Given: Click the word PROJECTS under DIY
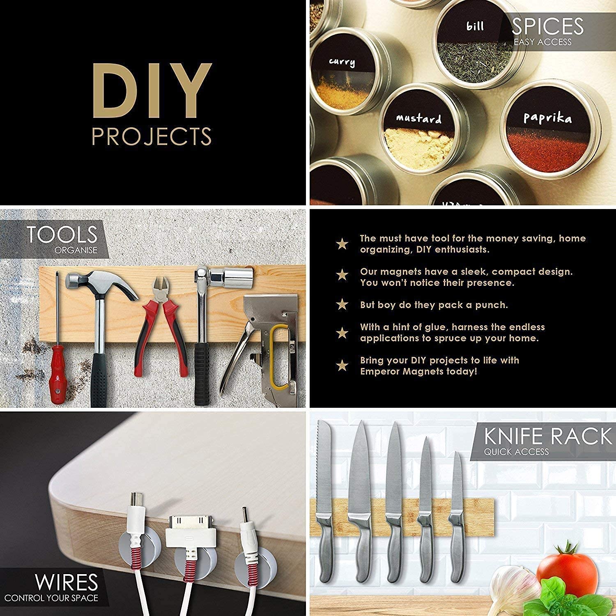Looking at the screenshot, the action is click(x=152, y=136).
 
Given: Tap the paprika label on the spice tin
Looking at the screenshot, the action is click(x=547, y=118).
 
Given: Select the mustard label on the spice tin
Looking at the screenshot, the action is click(x=418, y=119).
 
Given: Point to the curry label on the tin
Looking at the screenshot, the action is click(x=342, y=62).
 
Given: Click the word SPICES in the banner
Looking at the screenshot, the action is click(x=547, y=26).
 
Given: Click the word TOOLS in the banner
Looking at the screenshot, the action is click(x=62, y=234).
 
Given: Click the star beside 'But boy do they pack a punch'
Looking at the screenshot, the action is click(x=342, y=304).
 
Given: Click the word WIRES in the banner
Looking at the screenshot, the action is click(x=66, y=582).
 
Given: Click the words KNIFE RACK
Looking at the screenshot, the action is click(x=548, y=436).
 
